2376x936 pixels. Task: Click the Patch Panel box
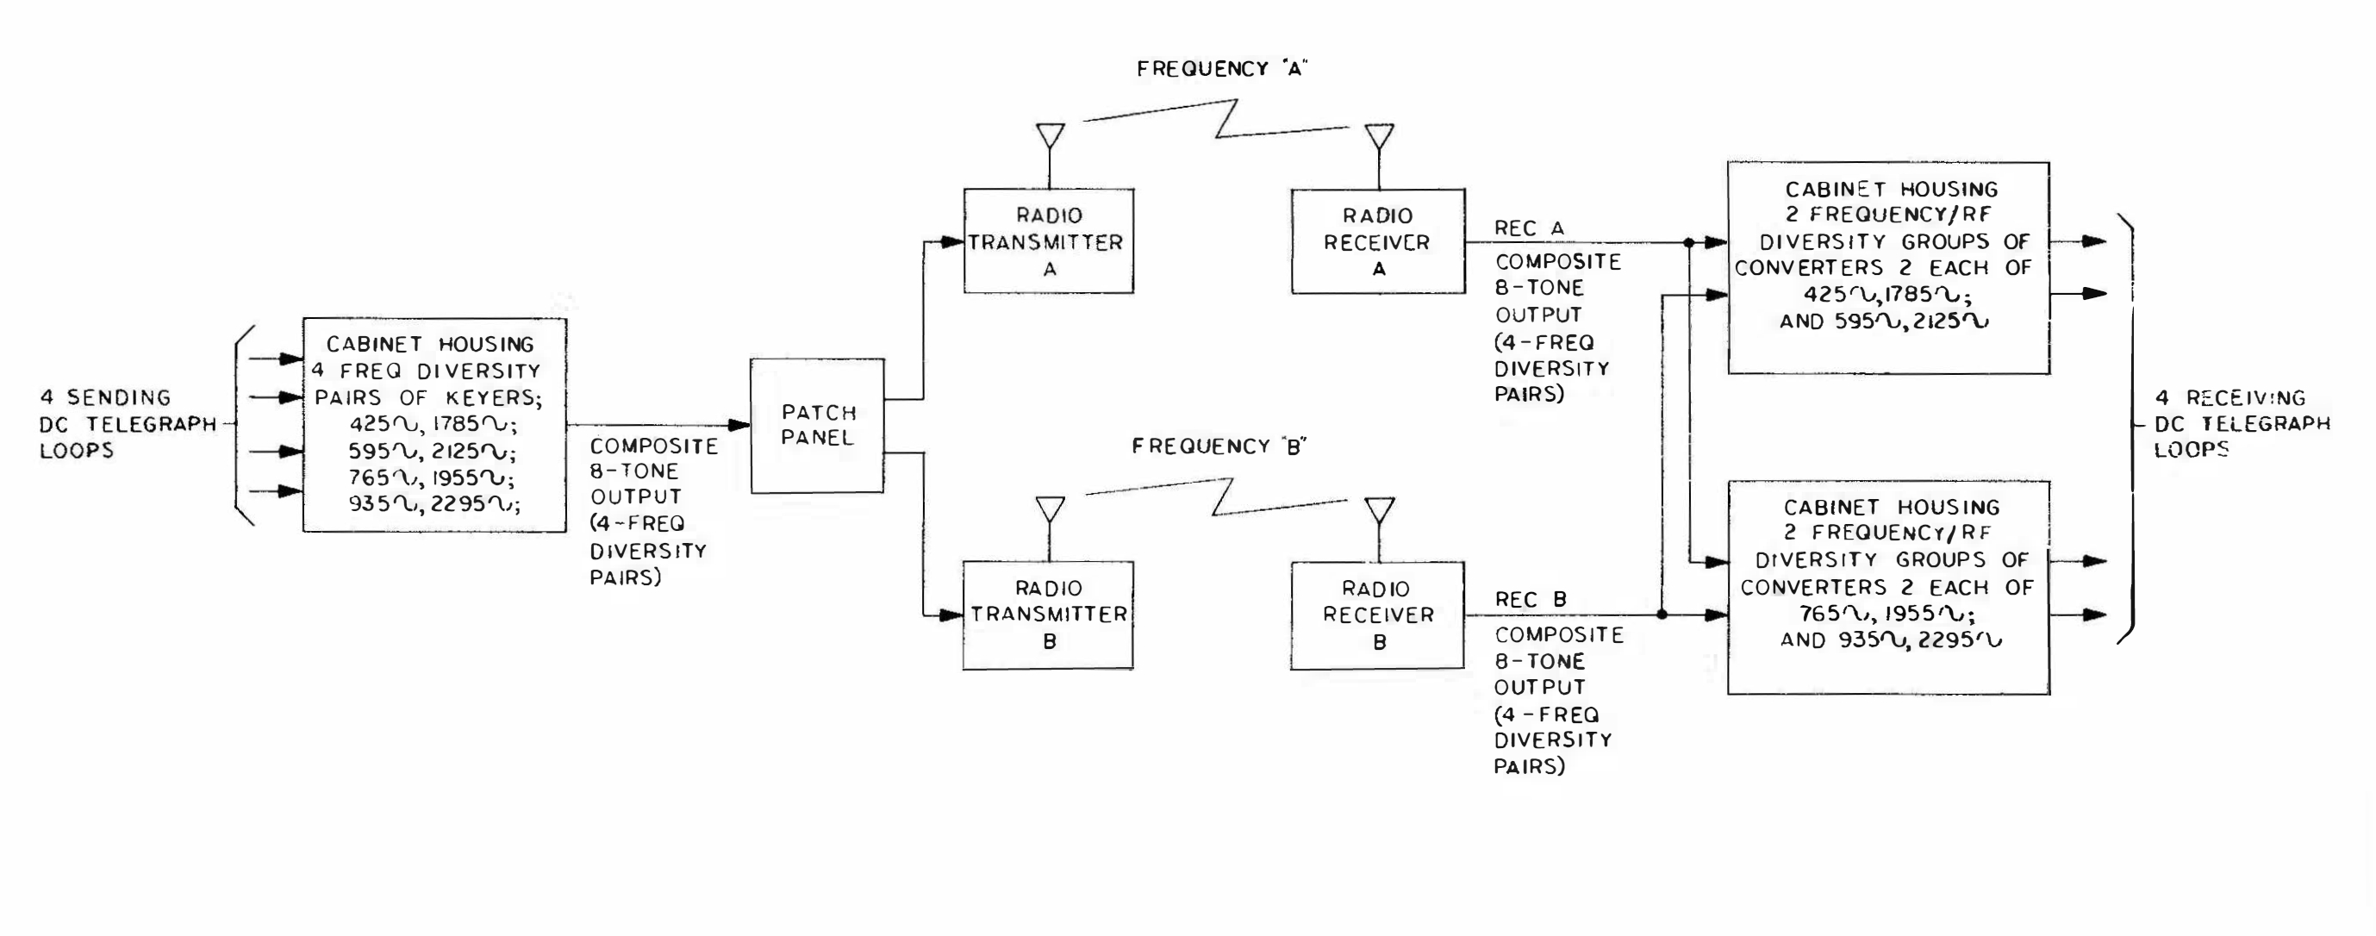click(x=817, y=425)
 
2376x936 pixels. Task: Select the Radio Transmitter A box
click(x=1049, y=241)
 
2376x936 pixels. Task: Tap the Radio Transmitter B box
click(x=1049, y=615)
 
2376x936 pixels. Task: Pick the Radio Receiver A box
click(x=1378, y=241)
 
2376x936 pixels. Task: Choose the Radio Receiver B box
click(x=1378, y=615)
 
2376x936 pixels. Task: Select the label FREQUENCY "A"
click(x=1222, y=69)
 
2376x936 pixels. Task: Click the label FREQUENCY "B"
click(x=1219, y=446)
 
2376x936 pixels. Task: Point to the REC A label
click(x=1529, y=228)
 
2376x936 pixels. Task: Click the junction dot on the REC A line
click(x=1689, y=242)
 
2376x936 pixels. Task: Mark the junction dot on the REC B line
click(x=1662, y=615)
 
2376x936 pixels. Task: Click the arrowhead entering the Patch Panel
click(x=739, y=425)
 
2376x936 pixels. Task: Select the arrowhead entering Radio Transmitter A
click(x=952, y=242)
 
